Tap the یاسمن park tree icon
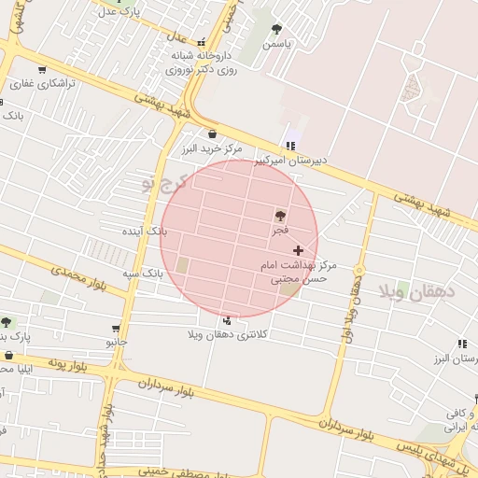(276, 29)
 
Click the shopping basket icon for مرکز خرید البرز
(212, 134)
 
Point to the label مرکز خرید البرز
(212, 148)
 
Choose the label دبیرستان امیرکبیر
(292, 160)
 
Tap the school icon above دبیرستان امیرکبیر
(291, 146)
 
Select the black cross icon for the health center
(298, 250)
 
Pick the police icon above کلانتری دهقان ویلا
(228, 320)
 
